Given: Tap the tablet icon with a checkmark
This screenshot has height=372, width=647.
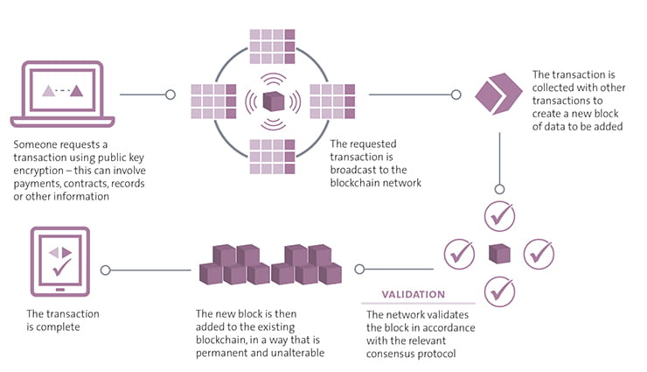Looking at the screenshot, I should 59,260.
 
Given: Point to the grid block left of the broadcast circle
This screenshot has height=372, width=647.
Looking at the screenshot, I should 213,100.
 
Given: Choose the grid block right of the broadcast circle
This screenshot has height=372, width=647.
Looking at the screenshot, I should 331,100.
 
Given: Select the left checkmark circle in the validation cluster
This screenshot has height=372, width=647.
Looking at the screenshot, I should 459,255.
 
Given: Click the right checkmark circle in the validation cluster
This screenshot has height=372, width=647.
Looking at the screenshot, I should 539,254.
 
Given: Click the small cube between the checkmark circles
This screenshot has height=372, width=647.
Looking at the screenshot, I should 499,254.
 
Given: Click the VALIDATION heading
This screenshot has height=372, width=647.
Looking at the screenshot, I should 413,294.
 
